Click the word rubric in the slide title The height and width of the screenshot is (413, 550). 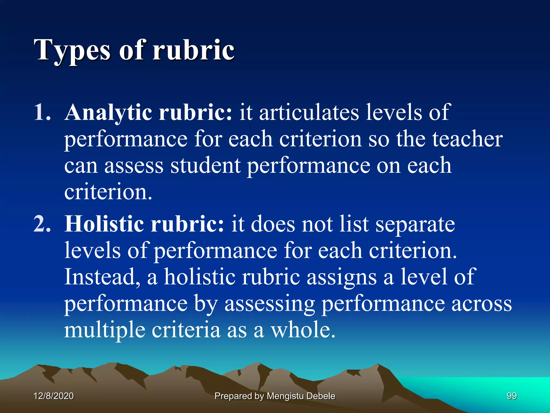point(193,50)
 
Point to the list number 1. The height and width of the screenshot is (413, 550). point(41,112)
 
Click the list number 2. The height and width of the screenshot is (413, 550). point(42,224)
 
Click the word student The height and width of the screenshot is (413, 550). point(205,166)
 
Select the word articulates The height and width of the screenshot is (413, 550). point(309,112)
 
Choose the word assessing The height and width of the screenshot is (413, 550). point(270,304)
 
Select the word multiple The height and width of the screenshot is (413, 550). point(105,330)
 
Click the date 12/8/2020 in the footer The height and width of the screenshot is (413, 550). point(54,396)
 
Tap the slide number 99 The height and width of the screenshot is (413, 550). point(512,396)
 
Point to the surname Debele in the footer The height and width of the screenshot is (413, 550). point(321,396)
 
